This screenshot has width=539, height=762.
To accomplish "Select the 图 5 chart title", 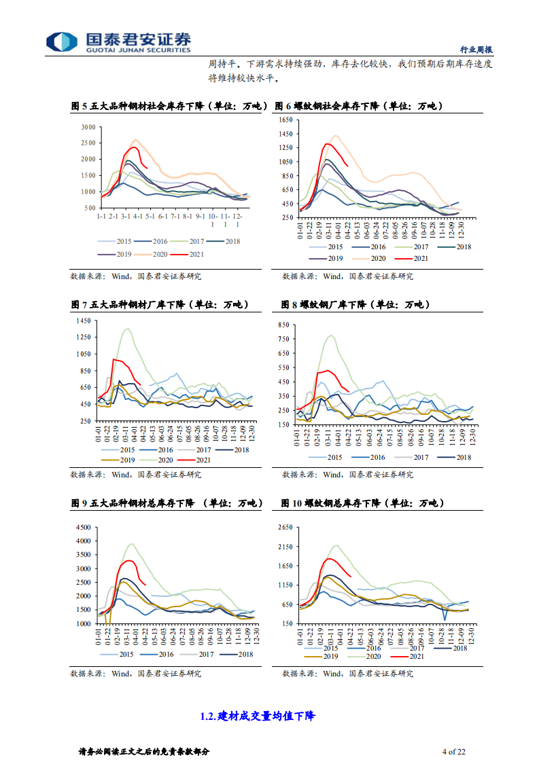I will tap(169, 107).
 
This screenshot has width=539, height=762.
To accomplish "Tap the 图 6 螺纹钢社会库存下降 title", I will tap(358, 107).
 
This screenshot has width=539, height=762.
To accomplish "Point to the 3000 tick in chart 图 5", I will tap(88, 127).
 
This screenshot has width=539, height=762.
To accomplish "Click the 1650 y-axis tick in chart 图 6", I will tap(285, 120).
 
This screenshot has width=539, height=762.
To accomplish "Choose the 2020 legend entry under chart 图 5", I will tap(154, 254).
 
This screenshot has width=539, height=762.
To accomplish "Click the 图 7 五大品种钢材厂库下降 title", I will tap(160, 305).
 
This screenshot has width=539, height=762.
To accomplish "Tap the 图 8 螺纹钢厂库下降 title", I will tap(355, 305).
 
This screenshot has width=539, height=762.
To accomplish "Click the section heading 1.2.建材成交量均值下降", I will tap(258, 716).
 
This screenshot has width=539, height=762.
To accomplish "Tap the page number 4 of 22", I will tap(453, 751).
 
